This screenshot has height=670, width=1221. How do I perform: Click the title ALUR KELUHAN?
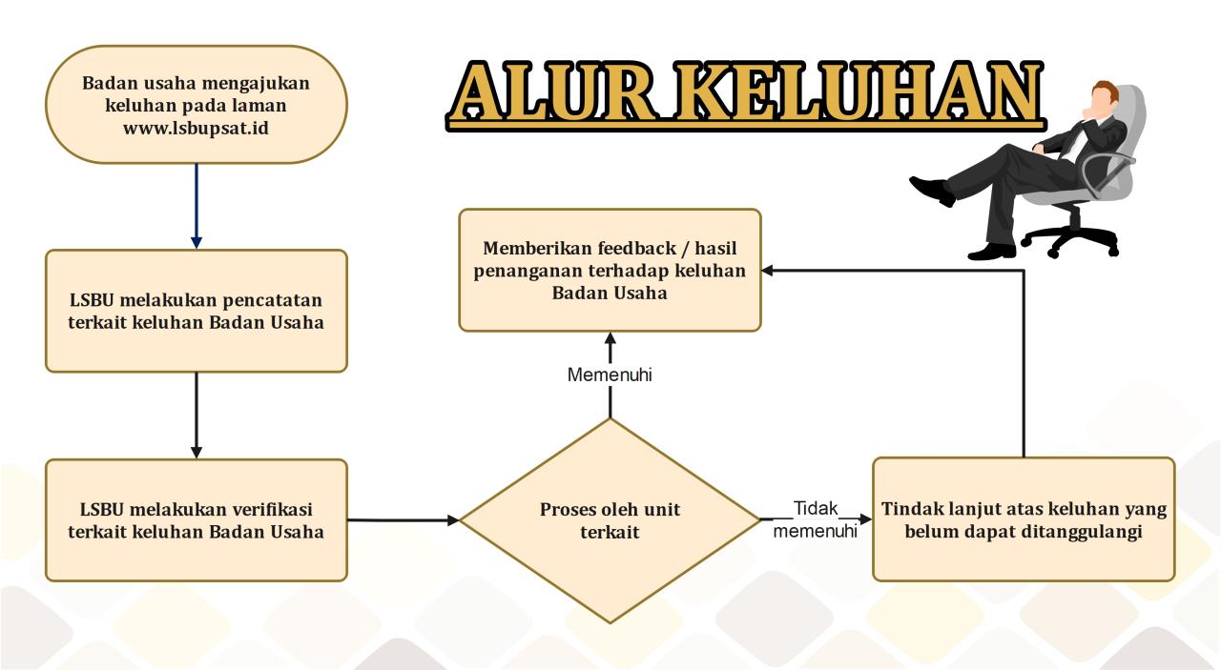click(745, 93)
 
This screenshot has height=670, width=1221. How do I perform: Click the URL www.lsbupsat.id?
click(196, 128)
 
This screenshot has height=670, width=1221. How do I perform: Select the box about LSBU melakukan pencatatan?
click(197, 311)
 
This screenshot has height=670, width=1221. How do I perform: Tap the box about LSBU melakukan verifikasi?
click(197, 519)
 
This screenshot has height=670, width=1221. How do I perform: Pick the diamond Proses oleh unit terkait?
click(610, 520)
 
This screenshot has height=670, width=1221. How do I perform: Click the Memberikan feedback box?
click(610, 270)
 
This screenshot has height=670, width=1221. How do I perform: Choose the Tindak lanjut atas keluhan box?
click(1024, 519)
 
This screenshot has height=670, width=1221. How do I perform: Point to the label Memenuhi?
click(610, 375)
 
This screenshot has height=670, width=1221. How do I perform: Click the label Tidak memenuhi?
click(816, 519)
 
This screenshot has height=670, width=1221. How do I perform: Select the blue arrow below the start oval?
click(197, 205)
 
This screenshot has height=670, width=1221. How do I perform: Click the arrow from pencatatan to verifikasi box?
click(197, 415)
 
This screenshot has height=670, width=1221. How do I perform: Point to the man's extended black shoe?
click(932, 189)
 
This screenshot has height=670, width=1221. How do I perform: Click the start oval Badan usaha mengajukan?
click(197, 105)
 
